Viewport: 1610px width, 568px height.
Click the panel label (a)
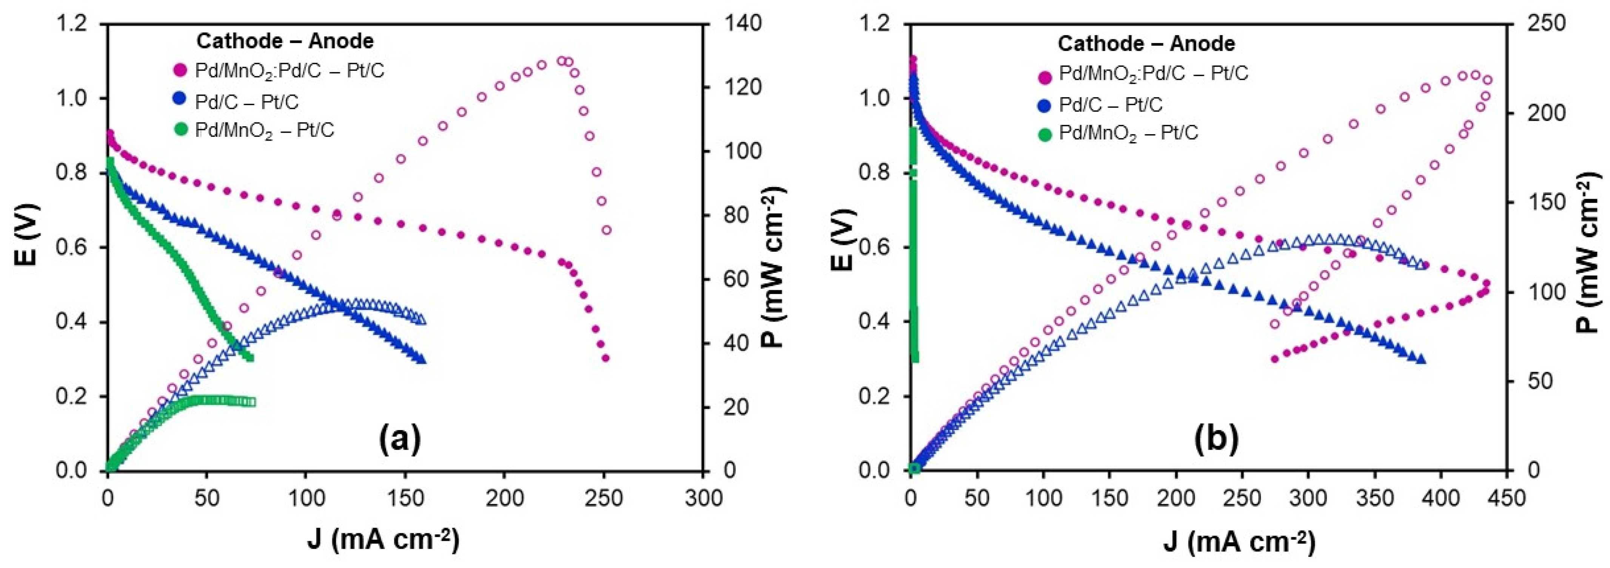[x=400, y=440]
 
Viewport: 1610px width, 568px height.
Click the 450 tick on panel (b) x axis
[x=1506, y=498]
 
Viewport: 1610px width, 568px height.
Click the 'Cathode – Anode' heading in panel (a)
[x=285, y=41]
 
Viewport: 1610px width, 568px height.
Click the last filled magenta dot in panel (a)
[x=605, y=358]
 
